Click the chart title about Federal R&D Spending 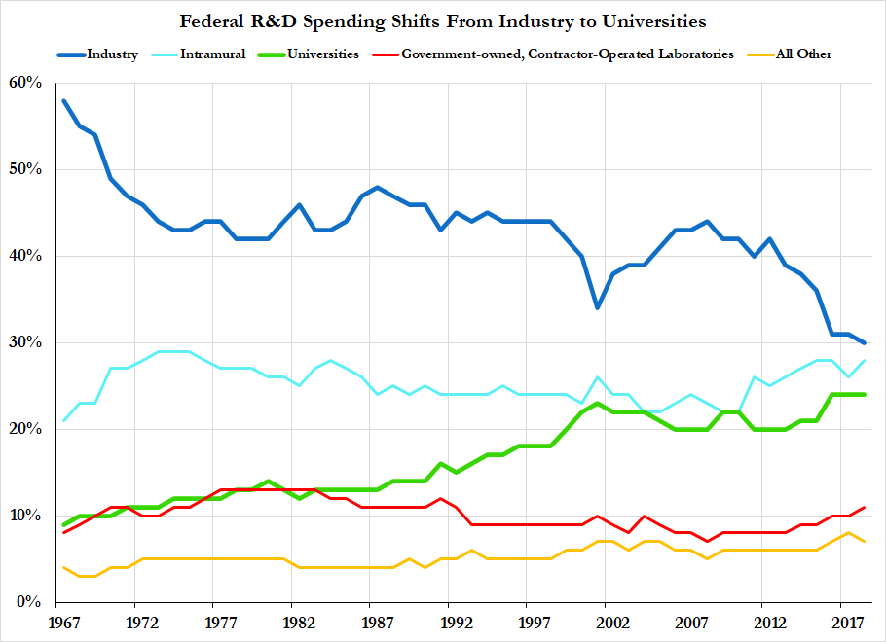pos(443,20)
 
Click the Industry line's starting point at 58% pos(63,100)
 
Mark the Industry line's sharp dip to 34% pos(597,307)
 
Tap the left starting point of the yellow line pos(63,567)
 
